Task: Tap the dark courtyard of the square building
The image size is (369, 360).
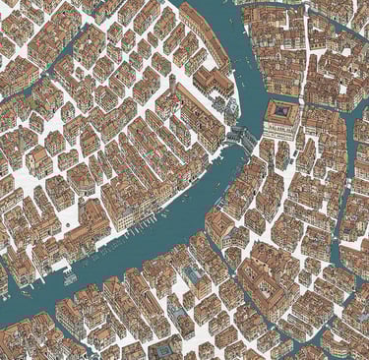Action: pyautogui.click(x=282, y=113)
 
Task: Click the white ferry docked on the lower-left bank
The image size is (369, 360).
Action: pyautogui.click(x=71, y=278)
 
